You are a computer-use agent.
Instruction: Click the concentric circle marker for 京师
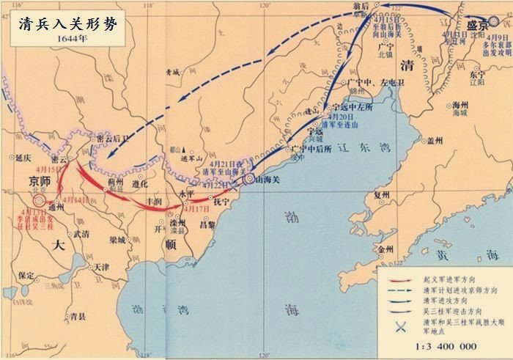pyautogui.click(x=38, y=199)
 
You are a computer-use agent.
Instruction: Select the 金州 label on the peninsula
pyautogui.click(x=386, y=249)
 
